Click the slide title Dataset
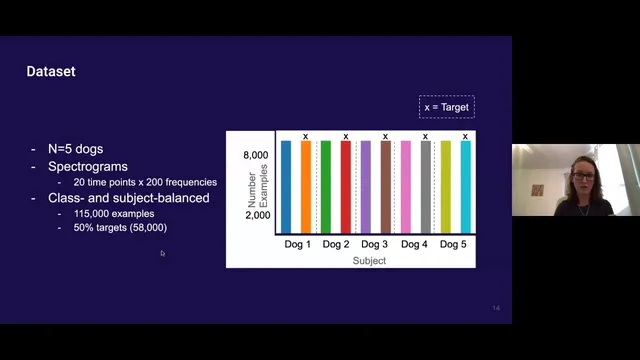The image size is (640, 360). (x=50, y=72)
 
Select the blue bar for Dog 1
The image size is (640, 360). (x=286, y=187)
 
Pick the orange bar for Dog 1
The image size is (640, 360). (x=305, y=187)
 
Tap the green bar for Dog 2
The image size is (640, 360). (x=326, y=187)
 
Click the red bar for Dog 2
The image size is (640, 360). (x=345, y=187)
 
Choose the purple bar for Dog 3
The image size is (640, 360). (x=366, y=187)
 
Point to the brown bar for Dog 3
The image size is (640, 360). (x=385, y=187)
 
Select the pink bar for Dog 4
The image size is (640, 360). (x=405, y=187)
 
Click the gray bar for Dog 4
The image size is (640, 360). (x=425, y=187)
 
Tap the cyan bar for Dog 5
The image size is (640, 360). (x=465, y=187)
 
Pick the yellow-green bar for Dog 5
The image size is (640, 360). (x=446, y=187)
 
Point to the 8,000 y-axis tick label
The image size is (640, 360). (x=257, y=156)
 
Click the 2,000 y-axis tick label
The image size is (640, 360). (x=257, y=215)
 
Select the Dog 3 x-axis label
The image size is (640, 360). (x=374, y=244)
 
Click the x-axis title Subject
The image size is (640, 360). (x=369, y=260)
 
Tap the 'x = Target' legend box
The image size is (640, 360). (x=446, y=106)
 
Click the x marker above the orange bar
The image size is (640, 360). (x=305, y=136)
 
